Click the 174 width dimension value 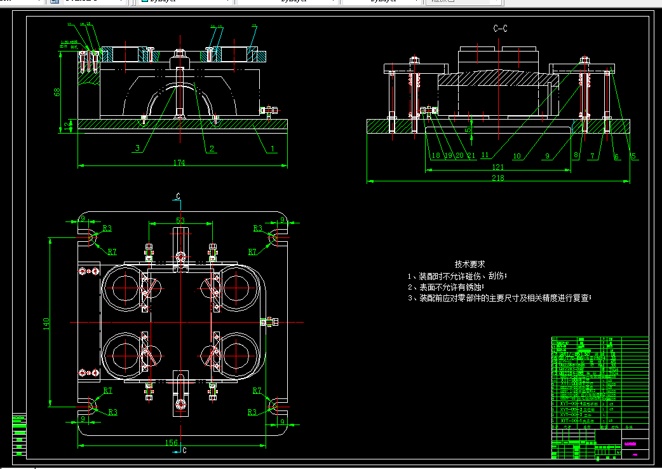tap(179, 163)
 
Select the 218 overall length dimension tap(497, 178)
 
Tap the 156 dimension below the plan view tap(172, 443)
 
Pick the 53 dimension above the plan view tap(180, 220)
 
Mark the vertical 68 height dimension tap(57, 92)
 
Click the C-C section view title tap(500, 29)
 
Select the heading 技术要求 tap(469, 263)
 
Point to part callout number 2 tap(212, 149)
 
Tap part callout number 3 tap(137, 149)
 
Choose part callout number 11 tap(485, 155)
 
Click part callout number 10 tap(517, 155)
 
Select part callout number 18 tap(435, 155)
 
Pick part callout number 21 tap(471, 155)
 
